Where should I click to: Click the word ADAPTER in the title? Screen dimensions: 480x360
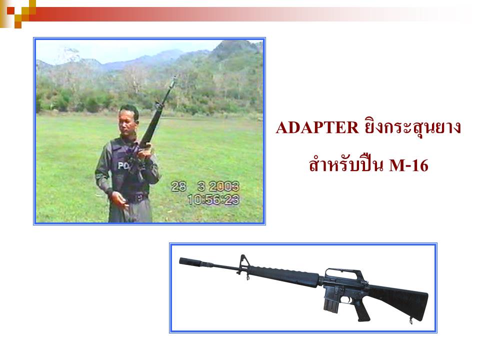click(x=317, y=127)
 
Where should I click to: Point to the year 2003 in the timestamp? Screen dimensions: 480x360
click(x=224, y=186)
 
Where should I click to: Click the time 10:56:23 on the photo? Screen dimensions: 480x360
click(x=213, y=200)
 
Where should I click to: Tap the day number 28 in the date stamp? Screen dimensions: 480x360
click(x=178, y=186)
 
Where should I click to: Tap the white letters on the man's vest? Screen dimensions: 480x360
click(x=123, y=165)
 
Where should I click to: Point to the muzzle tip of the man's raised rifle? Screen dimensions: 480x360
click(x=175, y=78)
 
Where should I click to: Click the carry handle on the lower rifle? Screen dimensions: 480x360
click(x=343, y=273)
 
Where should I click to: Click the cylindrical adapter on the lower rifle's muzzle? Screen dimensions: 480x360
click(x=190, y=261)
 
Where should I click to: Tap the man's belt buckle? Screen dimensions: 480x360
click(x=138, y=197)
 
